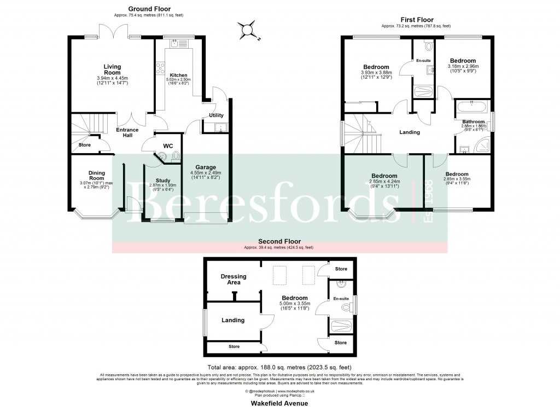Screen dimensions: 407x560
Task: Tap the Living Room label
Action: pyautogui.click(x=112, y=69)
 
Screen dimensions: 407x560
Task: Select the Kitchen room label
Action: pyautogui.click(x=179, y=75)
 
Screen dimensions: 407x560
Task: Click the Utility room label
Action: pyautogui.click(x=216, y=115)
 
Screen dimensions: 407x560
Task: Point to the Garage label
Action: pyautogui.click(x=206, y=167)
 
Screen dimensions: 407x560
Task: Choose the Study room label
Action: pyautogui.click(x=162, y=181)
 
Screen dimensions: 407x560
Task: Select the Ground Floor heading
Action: pyautogui.click(x=149, y=9)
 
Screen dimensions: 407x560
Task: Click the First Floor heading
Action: pyautogui.click(x=416, y=19)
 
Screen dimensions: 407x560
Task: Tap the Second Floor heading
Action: pyautogui.click(x=279, y=241)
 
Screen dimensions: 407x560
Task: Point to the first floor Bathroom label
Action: pyautogui.click(x=473, y=121)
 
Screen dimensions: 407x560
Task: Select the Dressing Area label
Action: pyautogui.click(x=234, y=280)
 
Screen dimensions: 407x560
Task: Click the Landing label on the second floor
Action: pyautogui.click(x=233, y=320)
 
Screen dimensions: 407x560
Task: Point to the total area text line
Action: pyautogui.click(x=279, y=367)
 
